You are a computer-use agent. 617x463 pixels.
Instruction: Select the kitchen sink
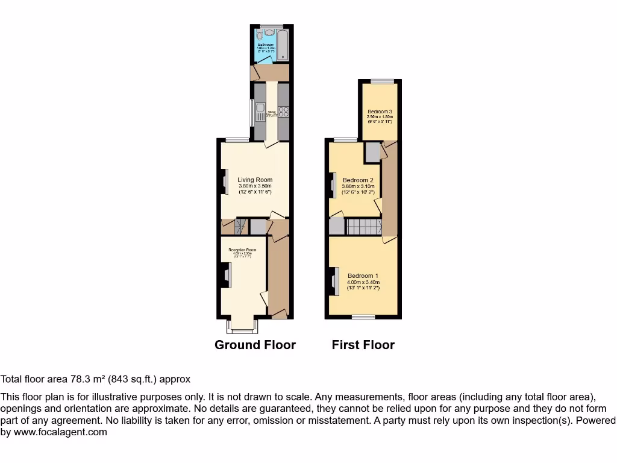(260, 112)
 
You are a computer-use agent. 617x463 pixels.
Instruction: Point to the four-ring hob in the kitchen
(283, 112)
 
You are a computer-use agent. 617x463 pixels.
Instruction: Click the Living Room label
(254, 180)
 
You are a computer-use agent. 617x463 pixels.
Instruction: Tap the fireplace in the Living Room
(225, 181)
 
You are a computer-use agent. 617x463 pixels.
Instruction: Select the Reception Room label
(242, 250)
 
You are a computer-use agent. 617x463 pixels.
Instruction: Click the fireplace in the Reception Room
(225, 277)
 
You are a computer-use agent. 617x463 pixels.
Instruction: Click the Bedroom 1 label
(363, 276)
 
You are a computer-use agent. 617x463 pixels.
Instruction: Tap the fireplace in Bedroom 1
(333, 281)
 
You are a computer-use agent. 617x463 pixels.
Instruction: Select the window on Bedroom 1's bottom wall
(363, 317)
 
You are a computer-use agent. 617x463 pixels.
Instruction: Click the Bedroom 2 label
(358, 180)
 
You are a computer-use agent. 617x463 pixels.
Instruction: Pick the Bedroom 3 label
(380, 112)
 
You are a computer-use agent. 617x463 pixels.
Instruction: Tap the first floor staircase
(364, 227)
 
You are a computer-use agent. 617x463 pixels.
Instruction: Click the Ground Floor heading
(255, 345)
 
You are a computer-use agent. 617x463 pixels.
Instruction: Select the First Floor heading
(363, 345)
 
